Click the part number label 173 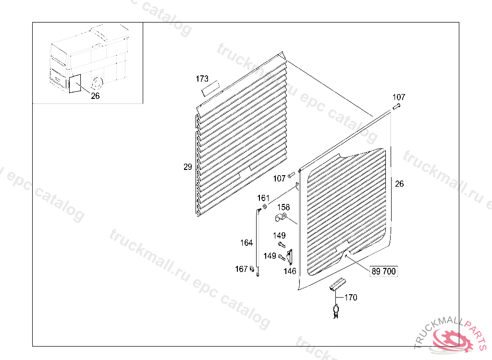tap(202, 78)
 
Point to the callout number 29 tap(187, 167)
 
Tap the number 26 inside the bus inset tap(95, 96)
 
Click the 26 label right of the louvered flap tap(399, 184)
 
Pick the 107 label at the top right tap(399, 97)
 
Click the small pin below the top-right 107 tap(396, 107)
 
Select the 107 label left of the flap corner tap(279, 179)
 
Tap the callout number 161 tap(263, 198)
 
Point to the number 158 tap(283, 207)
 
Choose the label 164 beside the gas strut tap(246, 243)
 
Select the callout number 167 tap(241, 269)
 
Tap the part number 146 tap(290, 271)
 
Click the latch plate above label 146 tap(290, 257)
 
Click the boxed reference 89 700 tap(383, 272)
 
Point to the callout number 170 tap(351, 298)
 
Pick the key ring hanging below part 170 tap(335, 309)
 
